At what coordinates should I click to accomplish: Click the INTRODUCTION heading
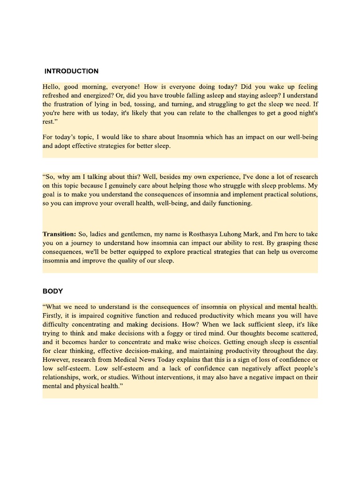point(71,71)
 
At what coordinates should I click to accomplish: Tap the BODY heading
point(52,291)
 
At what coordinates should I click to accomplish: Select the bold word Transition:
point(59,234)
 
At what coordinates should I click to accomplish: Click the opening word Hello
point(52,87)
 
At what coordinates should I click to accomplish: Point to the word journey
point(78,243)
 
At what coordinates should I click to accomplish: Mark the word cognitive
point(112,315)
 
